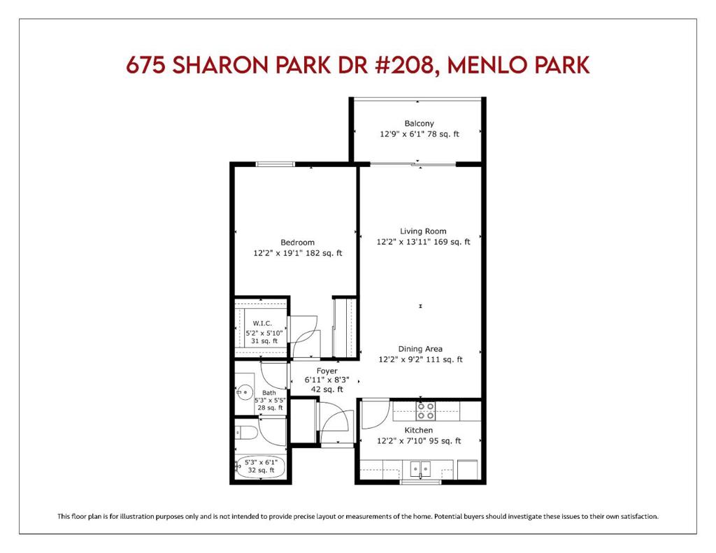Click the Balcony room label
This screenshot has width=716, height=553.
click(x=419, y=123)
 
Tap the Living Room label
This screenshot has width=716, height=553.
click(x=423, y=231)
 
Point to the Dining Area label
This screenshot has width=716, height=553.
click(x=420, y=349)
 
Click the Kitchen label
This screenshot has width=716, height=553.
click(x=418, y=430)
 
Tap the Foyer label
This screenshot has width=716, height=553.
click(x=327, y=371)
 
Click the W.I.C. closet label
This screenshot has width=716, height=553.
click(x=262, y=323)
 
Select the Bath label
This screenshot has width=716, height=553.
click(x=269, y=393)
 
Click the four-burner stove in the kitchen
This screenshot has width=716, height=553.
click(x=426, y=410)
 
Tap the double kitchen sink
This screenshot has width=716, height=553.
click(x=420, y=469)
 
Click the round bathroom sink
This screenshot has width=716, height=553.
click(x=245, y=392)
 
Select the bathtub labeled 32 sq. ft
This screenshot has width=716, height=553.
click(x=261, y=467)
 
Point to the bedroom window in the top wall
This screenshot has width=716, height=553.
click(x=275, y=164)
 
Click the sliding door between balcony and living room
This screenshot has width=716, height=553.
click(x=413, y=164)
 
